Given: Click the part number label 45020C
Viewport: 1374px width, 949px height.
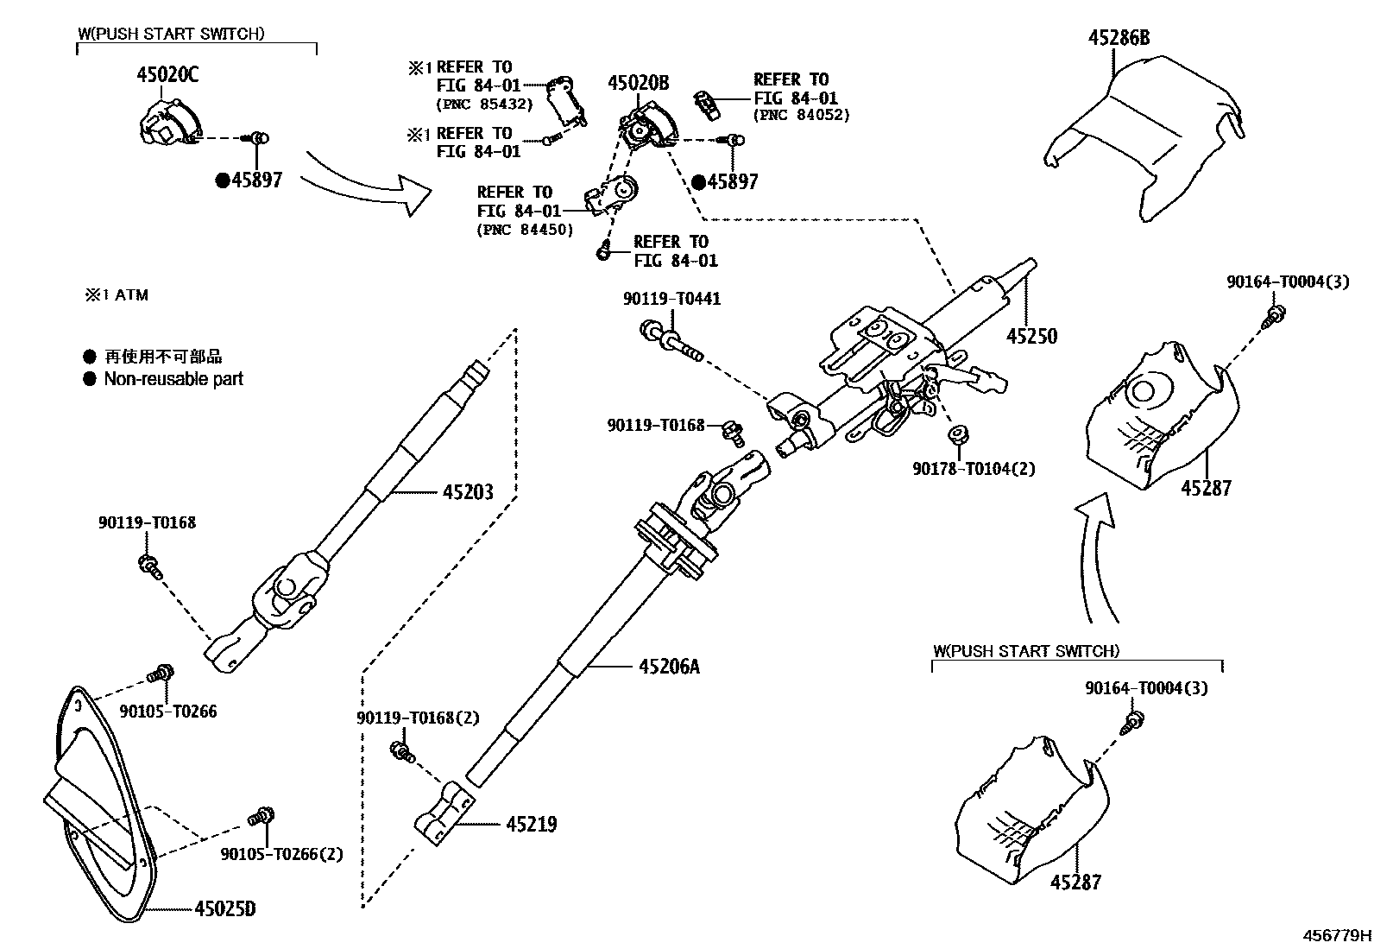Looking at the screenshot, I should (x=167, y=75).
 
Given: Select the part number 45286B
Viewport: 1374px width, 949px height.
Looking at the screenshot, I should (x=1119, y=38).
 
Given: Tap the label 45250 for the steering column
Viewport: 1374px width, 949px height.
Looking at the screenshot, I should (x=1031, y=336).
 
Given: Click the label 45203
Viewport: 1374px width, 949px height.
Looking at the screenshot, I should (x=468, y=492).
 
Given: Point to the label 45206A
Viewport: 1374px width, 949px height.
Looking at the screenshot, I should (x=669, y=667).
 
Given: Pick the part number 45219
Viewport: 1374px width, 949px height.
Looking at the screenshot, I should (x=531, y=825).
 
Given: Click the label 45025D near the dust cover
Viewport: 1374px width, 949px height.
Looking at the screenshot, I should (x=224, y=909).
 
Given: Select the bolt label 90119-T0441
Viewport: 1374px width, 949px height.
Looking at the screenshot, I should (x=671, y=299).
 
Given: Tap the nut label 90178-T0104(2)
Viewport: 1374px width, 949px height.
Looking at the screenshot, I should (x=974, y=469).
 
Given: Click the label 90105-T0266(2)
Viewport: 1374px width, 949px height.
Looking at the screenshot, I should (x=281, y=854).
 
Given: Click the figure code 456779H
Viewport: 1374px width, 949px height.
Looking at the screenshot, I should (x=1337, y=935).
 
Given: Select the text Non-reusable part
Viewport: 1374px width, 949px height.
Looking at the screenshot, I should (x=173, y=379).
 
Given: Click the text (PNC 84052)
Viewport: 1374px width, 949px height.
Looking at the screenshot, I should (x=802, y=115).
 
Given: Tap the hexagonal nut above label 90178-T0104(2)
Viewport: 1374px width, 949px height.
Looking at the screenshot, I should (x=956, y=435).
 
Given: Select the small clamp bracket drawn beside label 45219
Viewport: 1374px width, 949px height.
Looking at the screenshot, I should (x=444, y=811).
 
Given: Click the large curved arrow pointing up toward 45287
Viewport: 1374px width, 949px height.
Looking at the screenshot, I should (x=1094, y=553).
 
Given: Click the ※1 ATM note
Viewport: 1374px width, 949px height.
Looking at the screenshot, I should (x=116, y=295).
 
